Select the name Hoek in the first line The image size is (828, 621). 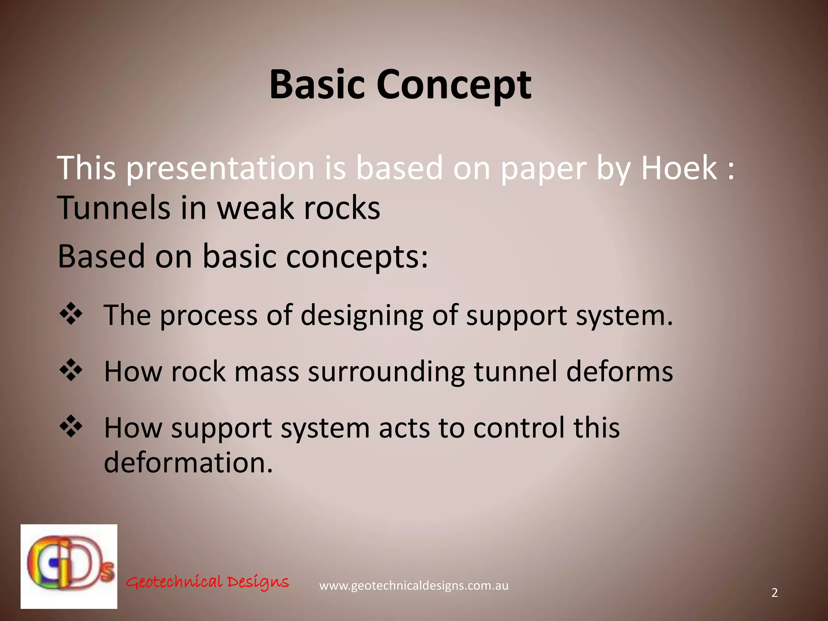pos(679,168)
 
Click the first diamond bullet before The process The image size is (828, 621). pos(71,314)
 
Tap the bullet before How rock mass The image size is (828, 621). pos(71,370)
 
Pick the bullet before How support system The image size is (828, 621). pos(71,427)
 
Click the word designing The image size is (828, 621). pos(361,316)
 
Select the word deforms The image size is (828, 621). pos(619,371)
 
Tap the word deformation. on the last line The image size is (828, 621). pos(188,463)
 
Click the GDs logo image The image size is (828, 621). pos(69,566)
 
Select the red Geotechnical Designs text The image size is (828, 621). pos(207,582)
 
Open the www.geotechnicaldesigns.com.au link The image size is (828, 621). pos(414,586)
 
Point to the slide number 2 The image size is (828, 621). pos(774,593)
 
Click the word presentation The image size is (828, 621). pos(220,168)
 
